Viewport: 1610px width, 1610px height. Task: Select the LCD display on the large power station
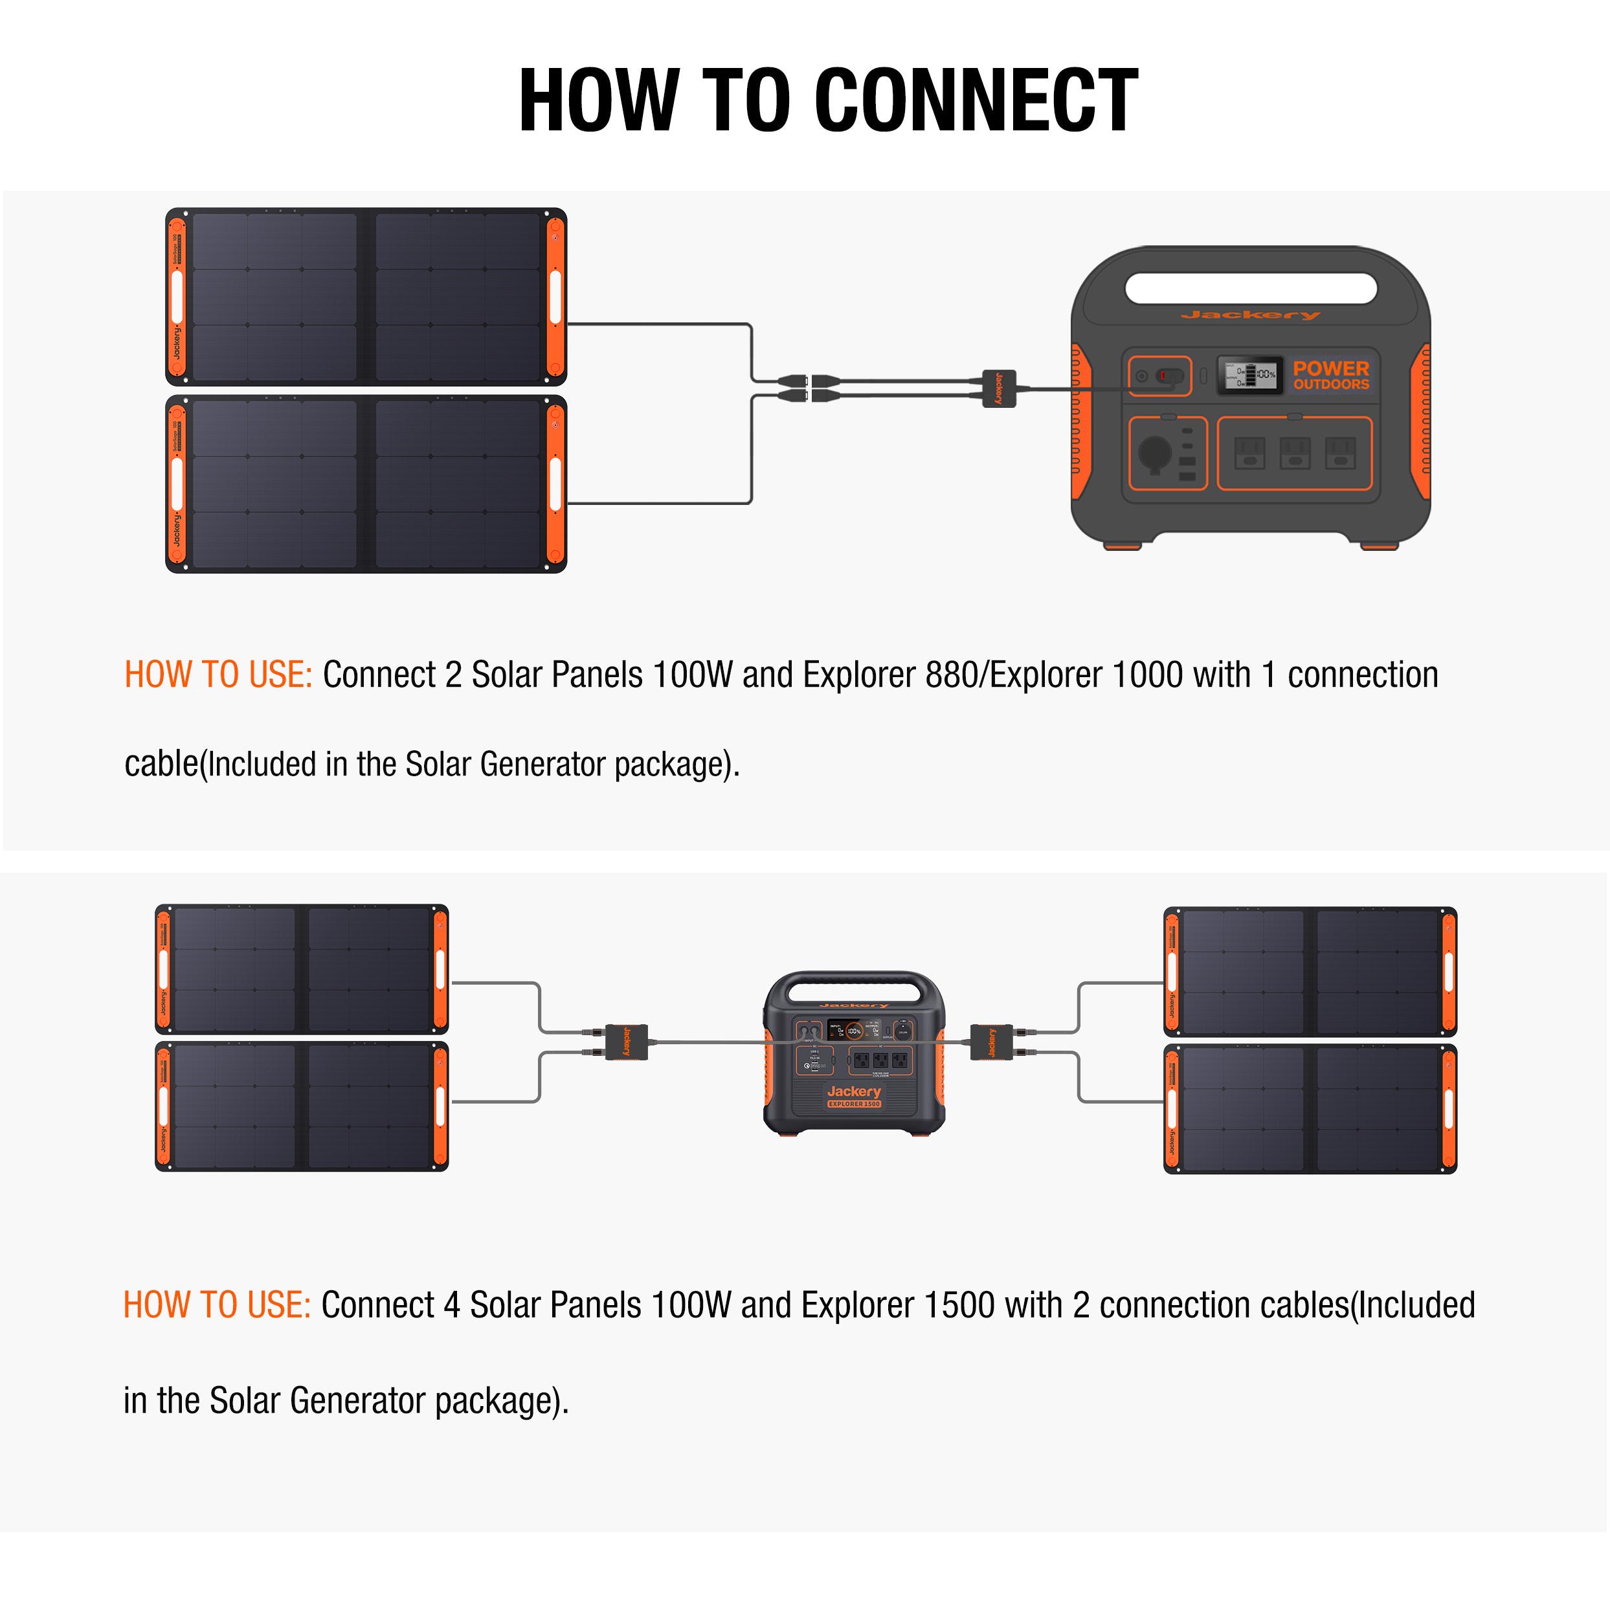click(1249, 375)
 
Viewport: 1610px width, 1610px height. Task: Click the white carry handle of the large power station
click(1250, 288)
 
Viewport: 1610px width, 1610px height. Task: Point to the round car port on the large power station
click(1155, 453)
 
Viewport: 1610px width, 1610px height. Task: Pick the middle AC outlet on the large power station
click(1294, 453)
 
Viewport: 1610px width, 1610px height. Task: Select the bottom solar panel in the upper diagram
click(366, 484)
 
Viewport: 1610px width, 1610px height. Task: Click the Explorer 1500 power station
click(854, 1054)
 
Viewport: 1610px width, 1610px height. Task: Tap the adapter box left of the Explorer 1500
click(626, 1042)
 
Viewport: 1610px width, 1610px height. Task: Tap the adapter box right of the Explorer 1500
click(992, 1042)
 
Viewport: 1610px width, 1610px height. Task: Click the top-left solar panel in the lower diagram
click(302, 969)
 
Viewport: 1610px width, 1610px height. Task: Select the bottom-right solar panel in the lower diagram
click(1310, 1109)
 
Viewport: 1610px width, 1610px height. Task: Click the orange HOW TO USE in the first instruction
click(218, 675)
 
